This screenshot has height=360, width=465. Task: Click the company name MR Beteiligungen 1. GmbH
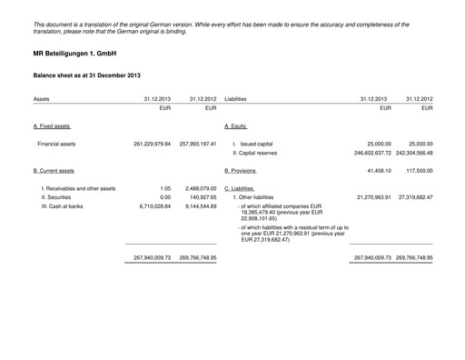point(77,55)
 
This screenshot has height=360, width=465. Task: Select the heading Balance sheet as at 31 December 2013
point(87,75)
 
